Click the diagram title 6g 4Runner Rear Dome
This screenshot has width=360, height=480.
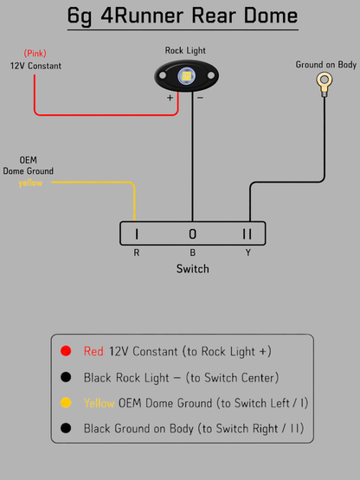pos(183,16)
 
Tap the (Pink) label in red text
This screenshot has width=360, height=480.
pos(35,54)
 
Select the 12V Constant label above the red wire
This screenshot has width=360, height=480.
pos(35,66)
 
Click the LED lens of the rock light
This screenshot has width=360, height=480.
pos(186,76)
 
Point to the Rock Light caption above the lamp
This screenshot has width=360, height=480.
pos(185,50)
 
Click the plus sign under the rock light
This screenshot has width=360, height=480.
pos(170,98)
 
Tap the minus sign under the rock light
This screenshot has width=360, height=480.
pos(200,98)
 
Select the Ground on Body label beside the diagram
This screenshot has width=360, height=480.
pos(326,65)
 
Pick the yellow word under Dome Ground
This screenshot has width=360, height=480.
pos(30,182)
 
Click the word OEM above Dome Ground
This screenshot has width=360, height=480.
pos(29,160)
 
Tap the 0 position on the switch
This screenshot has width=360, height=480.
pos(192,234)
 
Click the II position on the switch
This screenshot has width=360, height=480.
pos(247,234)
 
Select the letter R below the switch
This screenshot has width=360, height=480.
pos(137,253)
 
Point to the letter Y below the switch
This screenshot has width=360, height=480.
pos(247,253)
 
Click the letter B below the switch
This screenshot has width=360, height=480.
pos(192,253)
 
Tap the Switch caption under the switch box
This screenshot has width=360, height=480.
pos(193,269)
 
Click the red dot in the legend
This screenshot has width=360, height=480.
pos(66,351)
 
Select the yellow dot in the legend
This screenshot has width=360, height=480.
pos(66,402)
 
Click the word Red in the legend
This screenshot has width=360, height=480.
pos(93,351)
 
